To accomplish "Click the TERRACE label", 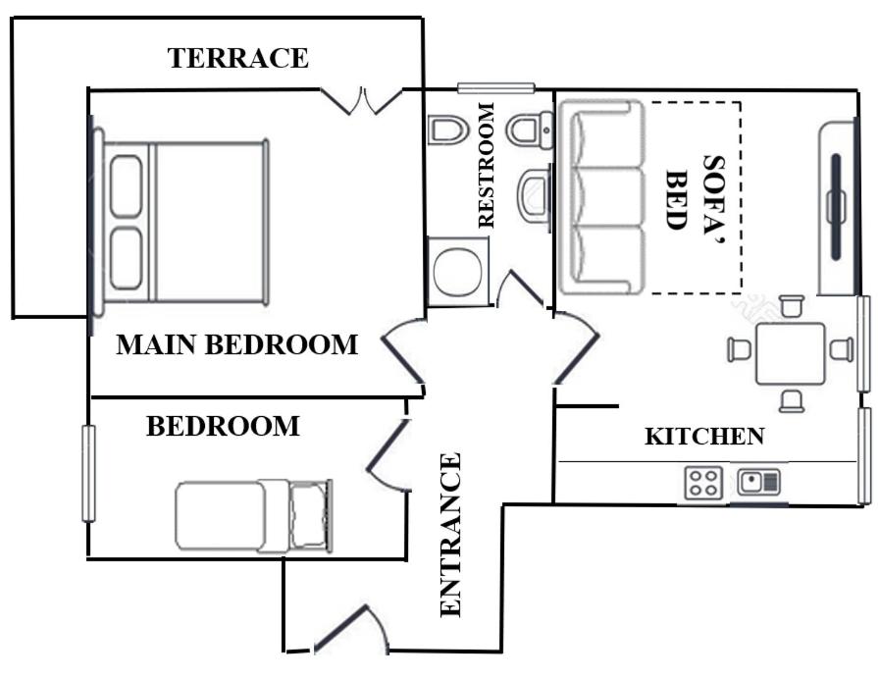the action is [238, 58].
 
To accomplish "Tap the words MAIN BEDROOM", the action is [236, 344].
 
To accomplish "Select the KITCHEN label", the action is [705, 437].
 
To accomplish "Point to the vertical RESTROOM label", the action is [487, 165].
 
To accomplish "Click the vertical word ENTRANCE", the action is [450, 535].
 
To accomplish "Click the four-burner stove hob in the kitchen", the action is [703, 483].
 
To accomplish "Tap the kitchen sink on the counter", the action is [759, 482].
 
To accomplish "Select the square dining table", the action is [791, 353].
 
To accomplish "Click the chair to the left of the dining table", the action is [739, 349].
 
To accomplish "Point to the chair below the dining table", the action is [792, 401].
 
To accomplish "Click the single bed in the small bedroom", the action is [254, 515].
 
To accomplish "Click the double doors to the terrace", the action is [362, 101].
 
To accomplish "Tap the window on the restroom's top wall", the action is [496, 88].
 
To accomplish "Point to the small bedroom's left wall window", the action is [88, 474].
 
